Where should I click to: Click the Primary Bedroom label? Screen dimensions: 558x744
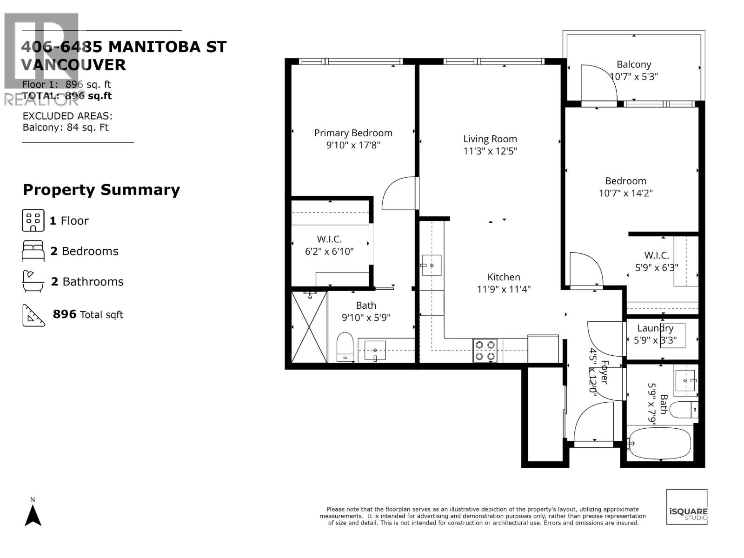click(353, 133)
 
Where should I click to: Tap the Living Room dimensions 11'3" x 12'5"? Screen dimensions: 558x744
click(490, 151)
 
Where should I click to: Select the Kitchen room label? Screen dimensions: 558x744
click(504, 277)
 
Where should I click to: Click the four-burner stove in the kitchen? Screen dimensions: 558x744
click(485, 351)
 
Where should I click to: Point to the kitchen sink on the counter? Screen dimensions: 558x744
click(432, 265)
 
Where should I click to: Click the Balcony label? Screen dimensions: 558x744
click(633, 65)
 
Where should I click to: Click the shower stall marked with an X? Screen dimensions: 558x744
click(310, 326)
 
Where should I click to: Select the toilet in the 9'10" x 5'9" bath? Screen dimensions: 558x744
click(345, 347)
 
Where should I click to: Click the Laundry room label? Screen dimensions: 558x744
click(655, 328)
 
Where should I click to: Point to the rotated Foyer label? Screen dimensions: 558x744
click(604, 372)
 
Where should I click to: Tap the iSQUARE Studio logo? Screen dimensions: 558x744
click(687, 507)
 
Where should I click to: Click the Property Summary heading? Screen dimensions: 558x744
click(101, 190)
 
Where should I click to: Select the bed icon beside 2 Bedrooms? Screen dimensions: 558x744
click(33, 251)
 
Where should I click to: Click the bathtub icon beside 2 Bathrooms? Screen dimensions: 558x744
click(33, 281)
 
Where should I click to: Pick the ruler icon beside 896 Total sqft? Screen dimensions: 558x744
click(33, 315)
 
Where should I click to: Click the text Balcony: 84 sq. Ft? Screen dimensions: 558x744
click(66, 127)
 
